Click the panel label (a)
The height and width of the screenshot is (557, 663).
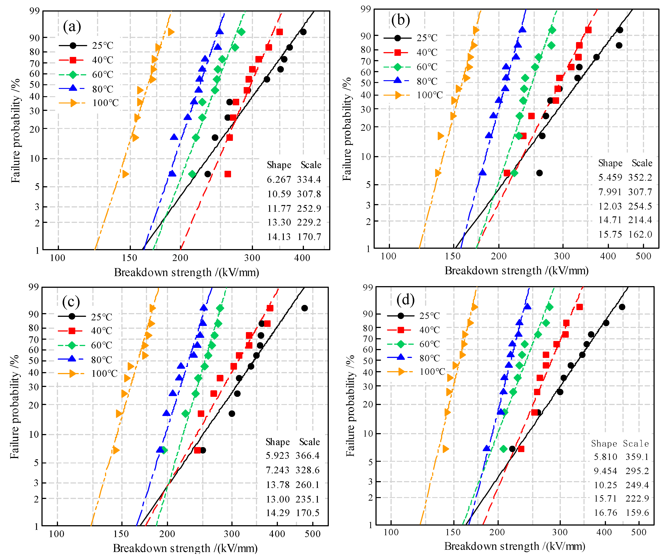coord(72,27)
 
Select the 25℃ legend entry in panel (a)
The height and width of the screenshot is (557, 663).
coord(103,46)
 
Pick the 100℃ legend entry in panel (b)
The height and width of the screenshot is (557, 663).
coord(430,95)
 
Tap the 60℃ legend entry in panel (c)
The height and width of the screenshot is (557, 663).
coord(102,345)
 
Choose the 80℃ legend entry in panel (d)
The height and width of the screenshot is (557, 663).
coord(429,358)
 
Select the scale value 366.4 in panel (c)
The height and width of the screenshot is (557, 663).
coord(307,456)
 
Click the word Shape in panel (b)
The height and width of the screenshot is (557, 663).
coord(610,163)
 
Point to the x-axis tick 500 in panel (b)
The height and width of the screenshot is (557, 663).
coord(643,256)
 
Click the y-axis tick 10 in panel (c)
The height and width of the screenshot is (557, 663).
coord(34,434)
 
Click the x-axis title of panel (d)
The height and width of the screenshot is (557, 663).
coord(515,546)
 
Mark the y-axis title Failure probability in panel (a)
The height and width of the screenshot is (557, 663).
coord(15,130)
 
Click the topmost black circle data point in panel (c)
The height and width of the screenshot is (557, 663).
coord(304,308)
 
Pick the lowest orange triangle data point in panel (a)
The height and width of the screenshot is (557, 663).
coord(125,174)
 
